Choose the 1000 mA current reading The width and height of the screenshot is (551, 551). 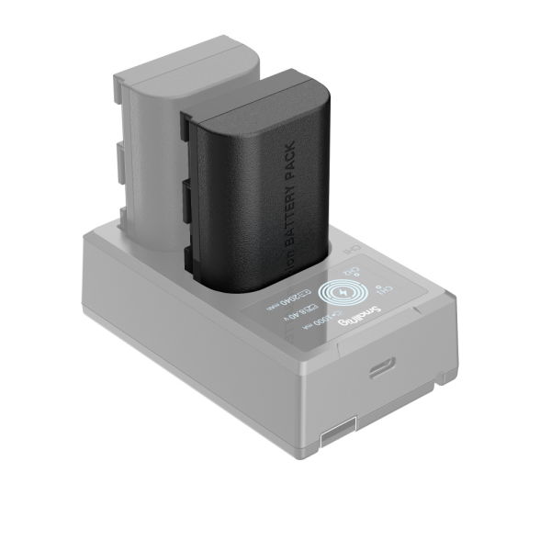point(320,323)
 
